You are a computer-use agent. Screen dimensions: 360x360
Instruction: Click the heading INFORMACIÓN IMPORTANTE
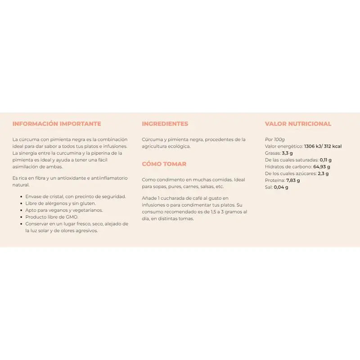57,124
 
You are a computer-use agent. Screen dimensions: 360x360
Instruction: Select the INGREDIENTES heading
165,124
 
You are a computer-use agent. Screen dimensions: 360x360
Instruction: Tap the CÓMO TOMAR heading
164,164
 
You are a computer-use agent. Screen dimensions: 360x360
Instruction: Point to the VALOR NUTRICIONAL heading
298,124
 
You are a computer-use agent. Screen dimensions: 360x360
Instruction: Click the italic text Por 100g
275,139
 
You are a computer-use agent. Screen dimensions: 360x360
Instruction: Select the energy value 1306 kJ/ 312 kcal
323,146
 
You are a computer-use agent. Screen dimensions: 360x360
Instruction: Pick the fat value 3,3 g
288,153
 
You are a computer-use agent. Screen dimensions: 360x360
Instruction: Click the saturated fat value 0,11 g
326,160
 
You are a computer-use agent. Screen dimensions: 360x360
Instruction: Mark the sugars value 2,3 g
323,173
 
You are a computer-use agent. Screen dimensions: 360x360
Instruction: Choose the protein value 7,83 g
292,180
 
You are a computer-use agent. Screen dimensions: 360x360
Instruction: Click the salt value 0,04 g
281,187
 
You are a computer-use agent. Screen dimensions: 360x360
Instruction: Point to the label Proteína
274,180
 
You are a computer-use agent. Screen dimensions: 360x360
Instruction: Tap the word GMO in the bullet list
72,217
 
